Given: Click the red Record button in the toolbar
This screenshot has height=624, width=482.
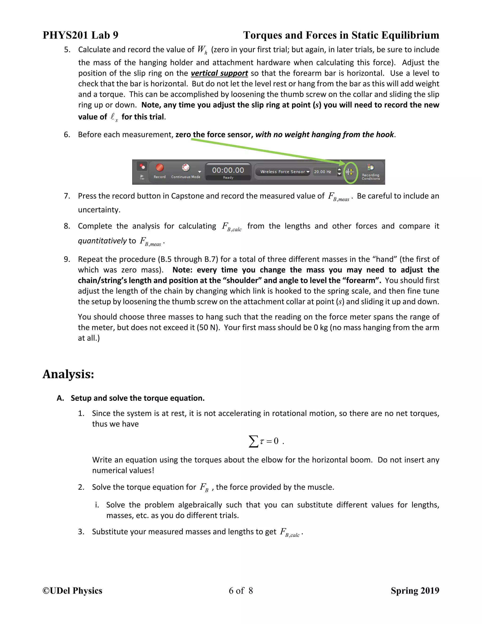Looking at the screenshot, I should click(x=159, y=167).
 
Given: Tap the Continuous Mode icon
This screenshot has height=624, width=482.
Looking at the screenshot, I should click(x=186, y=167).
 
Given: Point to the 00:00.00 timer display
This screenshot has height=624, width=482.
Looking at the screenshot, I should click(x=228, y=170).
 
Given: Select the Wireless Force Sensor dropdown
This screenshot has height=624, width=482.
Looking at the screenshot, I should click(x=282, y=172).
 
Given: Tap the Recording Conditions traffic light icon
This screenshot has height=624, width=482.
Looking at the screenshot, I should click(x=370, y=167).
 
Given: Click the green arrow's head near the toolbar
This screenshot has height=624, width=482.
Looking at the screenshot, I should click(x=343, y=163).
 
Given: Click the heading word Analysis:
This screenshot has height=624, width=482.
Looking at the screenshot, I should click(x=68, y=374).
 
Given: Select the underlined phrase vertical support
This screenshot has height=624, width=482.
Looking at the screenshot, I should click(x=219, y=73).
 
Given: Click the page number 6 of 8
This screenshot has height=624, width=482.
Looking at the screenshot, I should click(x=241, y=591).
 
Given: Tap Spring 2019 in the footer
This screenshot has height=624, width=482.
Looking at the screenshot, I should click(x=415, y=591).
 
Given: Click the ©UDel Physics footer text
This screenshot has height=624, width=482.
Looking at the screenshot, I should click(x=72, y=591).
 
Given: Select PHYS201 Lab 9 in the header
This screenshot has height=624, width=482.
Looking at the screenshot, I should click(x=80, y=35).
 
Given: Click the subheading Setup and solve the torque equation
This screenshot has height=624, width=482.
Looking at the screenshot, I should click(x=138, y=398).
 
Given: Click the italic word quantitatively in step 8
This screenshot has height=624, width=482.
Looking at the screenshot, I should click(x=102, y=241).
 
